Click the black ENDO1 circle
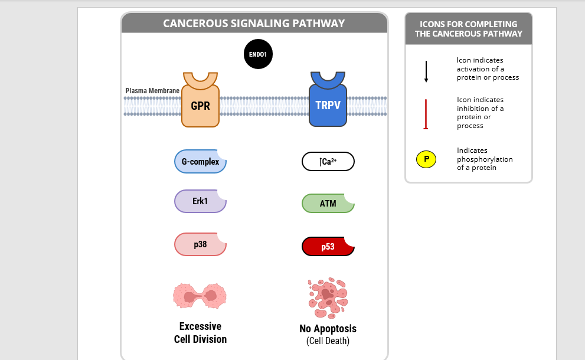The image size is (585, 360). point(258,54)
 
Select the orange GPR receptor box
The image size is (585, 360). point(200,106)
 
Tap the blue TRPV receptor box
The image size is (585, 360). point(328,106)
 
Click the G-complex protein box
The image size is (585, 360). point(200,162)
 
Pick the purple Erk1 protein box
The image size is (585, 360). point(200,201)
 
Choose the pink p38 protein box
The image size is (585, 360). point(200,244)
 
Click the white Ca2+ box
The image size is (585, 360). point(328,162)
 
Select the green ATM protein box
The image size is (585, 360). point(328,204)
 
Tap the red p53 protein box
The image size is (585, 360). point(328,247)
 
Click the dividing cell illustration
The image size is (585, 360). point(200,295)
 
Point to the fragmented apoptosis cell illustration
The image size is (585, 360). point(328,297)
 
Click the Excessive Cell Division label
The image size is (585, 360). point(200,333)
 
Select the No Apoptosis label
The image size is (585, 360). point(328,329)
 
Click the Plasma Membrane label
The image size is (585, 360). point(152,91)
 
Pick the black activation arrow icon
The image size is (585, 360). point(426,71)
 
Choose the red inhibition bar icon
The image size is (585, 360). point(426,114)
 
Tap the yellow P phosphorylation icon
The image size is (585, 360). point(426,159)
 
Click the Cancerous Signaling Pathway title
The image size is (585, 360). point(254,24)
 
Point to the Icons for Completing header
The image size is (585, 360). point(468,29)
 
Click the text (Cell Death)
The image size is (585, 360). point(328,341)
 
